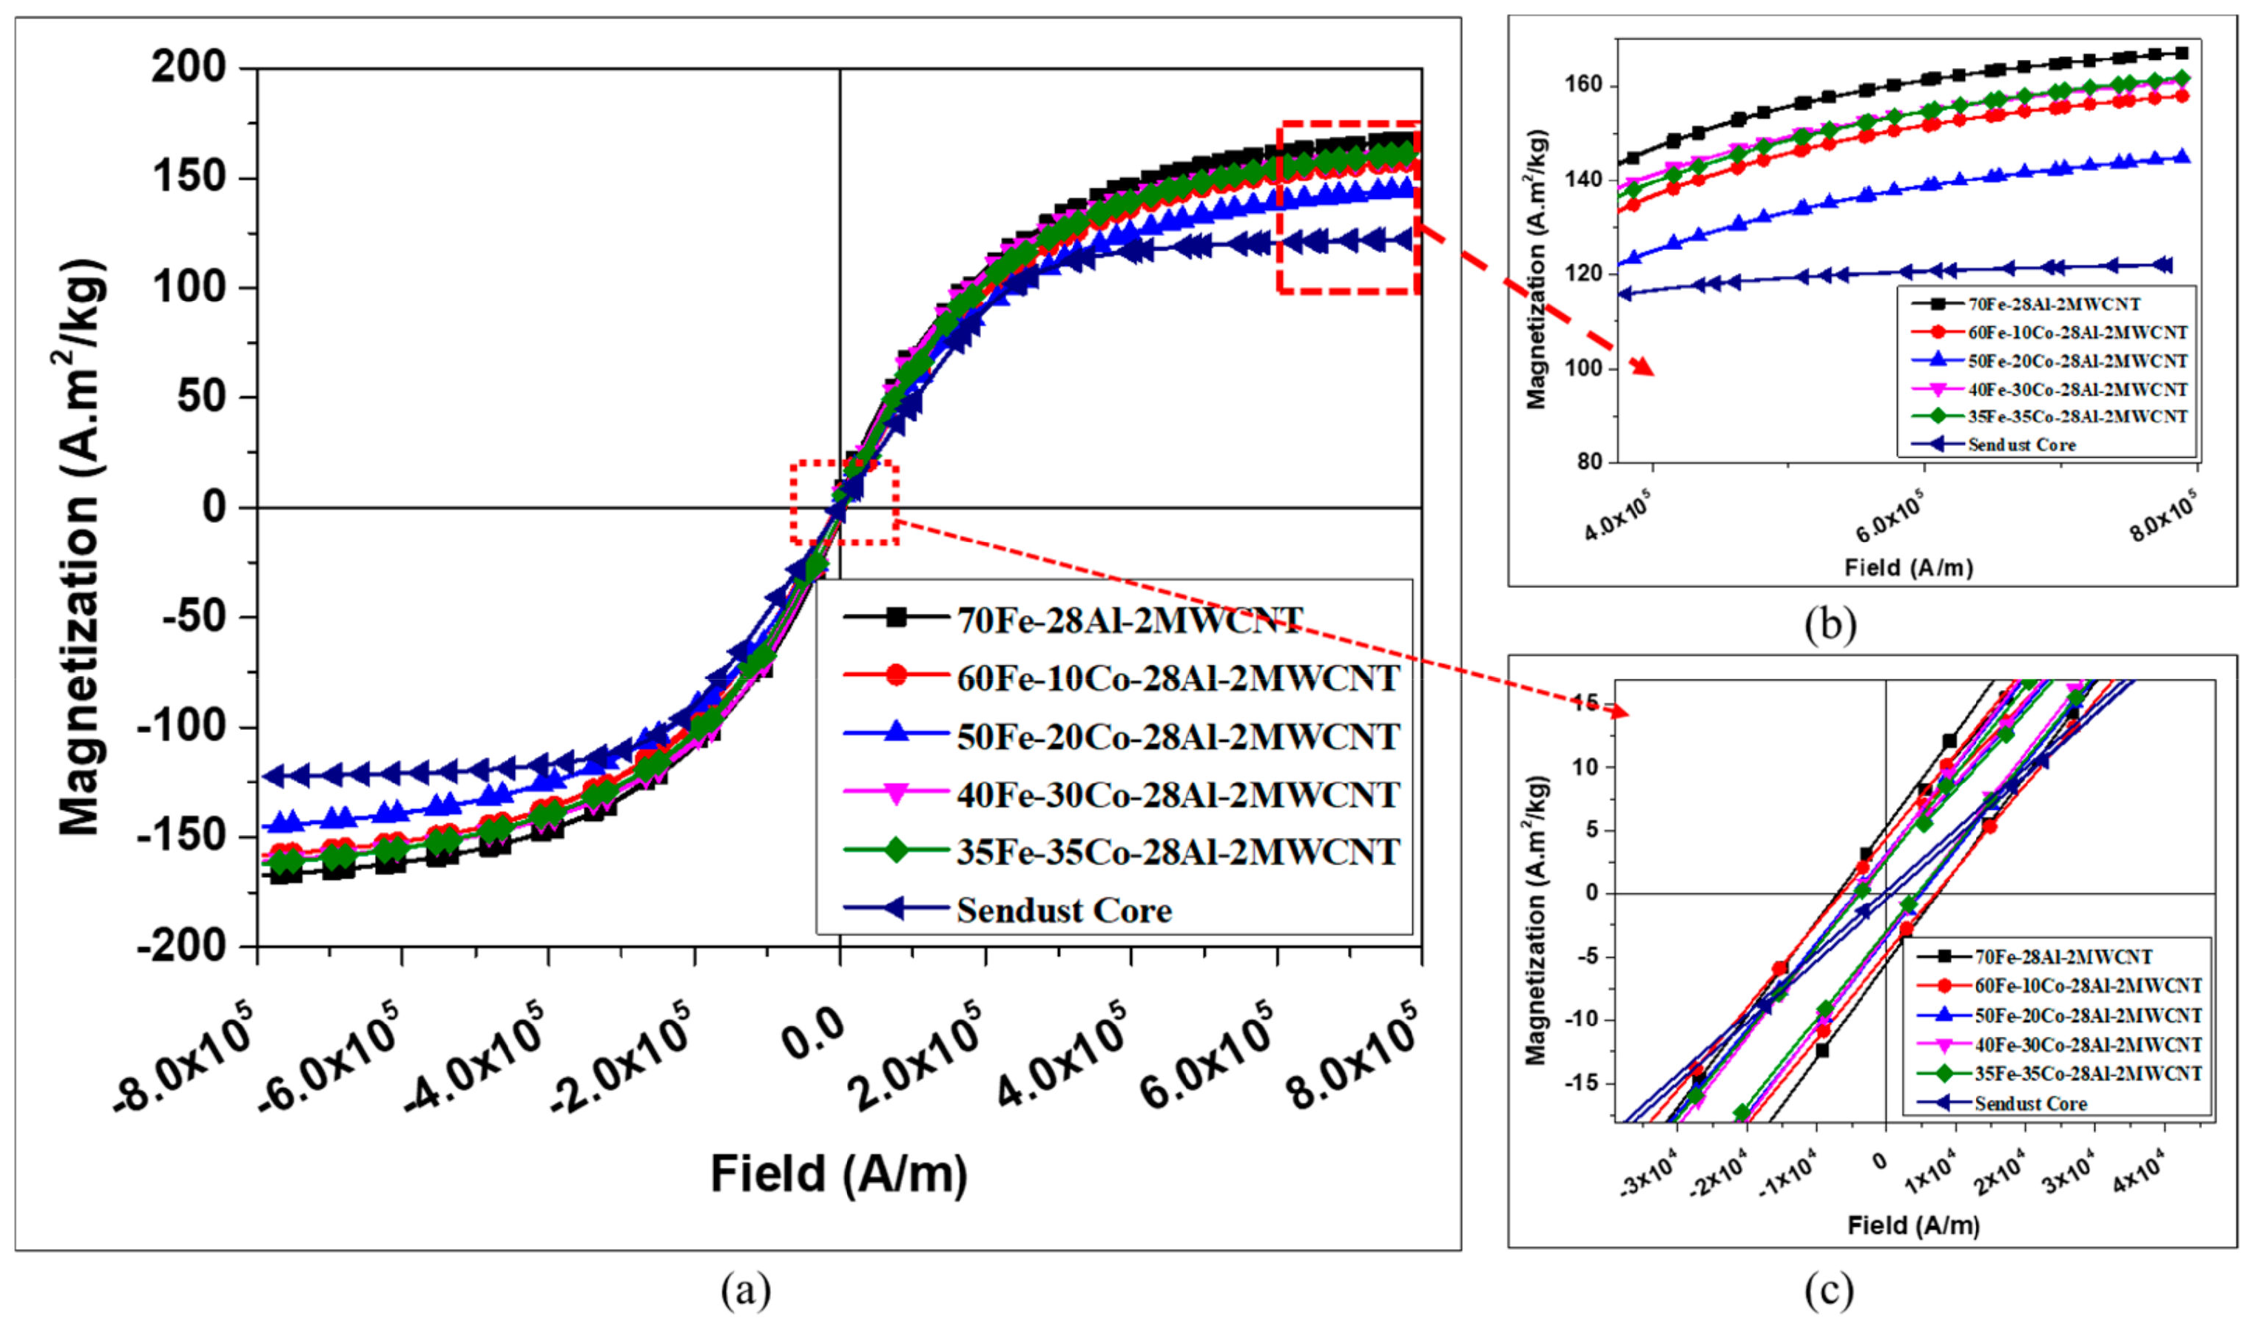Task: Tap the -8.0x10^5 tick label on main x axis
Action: tap(183, 1058)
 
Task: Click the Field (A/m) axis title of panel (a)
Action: tap(839, 1174)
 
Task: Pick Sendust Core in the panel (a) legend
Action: tap(1064, 910)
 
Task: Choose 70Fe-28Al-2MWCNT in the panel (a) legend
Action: tap(1129, 620)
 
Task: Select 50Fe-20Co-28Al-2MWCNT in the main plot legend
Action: tap(1177, 737)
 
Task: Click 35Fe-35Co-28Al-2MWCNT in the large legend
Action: tap(1177, 852)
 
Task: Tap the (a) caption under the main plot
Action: tap(746, 1291)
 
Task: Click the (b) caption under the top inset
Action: tap(1830, 624)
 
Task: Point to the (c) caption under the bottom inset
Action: tap(1829, 1291)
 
